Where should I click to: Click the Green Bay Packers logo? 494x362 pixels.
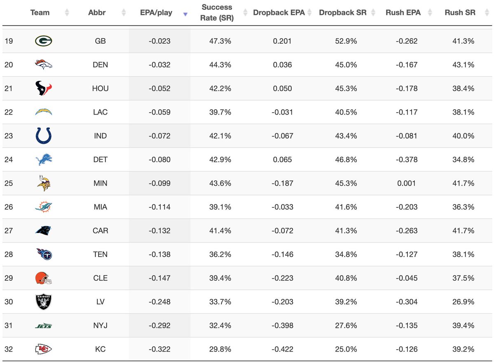[x=43, y=41]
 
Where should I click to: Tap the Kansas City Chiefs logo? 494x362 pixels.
[x=43, y=349]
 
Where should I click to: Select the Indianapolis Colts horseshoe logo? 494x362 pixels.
[x=43, y=136]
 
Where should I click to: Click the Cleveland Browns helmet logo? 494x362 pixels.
[x=43, y=278]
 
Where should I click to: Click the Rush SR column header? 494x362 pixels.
[x=460, y=13]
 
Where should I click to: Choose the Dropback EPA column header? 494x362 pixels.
[x=279, y=13]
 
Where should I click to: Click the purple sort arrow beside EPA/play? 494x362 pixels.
[x=185, y=14]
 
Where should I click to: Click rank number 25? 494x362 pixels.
[x=9, y=183]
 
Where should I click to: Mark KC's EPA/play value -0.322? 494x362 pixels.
[x=159, y=349]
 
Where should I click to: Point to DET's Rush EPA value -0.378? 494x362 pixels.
[x=407, y=160]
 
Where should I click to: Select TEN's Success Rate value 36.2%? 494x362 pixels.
[x=220, y=254]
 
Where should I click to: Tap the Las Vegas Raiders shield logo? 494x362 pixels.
[x=43, y=302]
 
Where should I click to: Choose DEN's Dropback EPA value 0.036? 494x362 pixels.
[x=282, y=65]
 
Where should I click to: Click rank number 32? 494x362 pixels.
[x=9, y=349]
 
